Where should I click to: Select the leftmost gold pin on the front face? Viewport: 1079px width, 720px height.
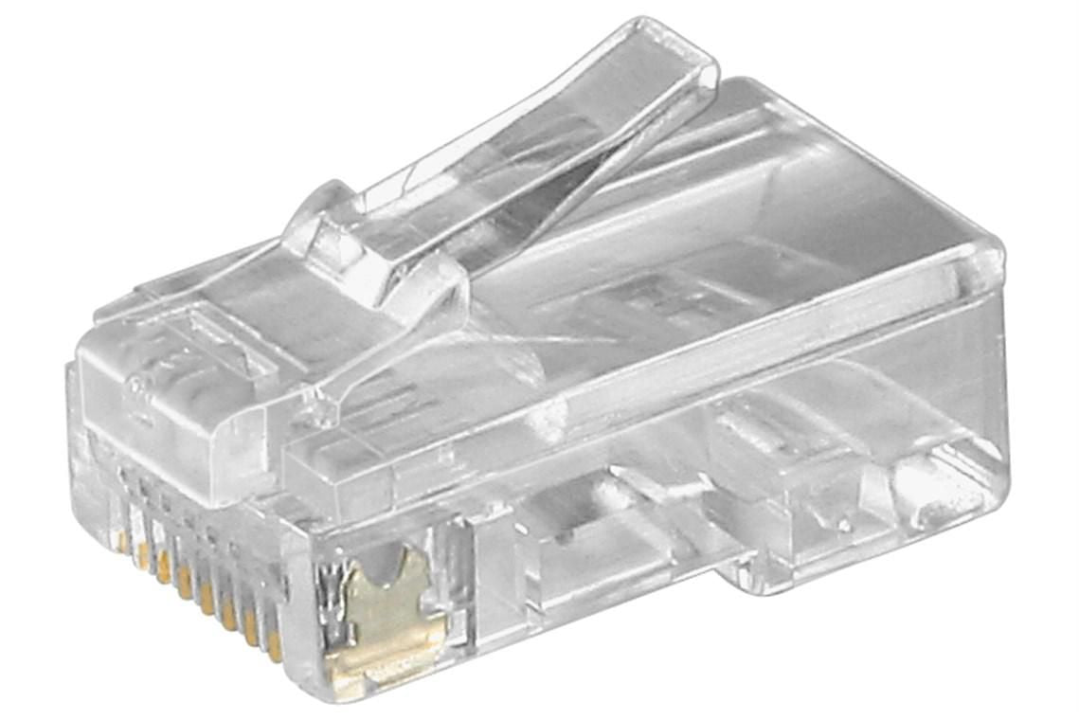click(x=122, y=540)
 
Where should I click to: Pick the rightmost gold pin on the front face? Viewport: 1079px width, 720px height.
click(x=274, y=645)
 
